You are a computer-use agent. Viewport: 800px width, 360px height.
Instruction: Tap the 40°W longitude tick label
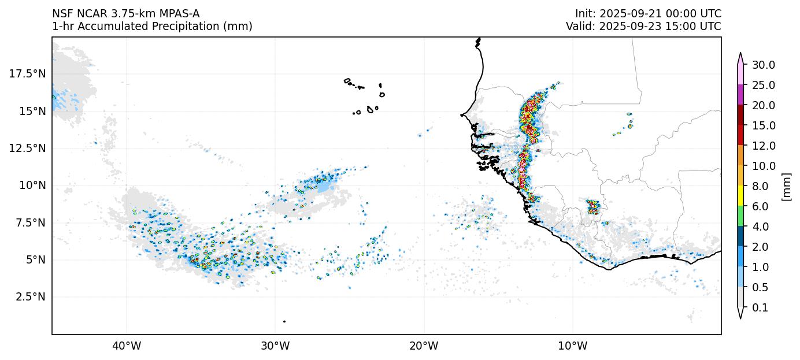pos(127,346)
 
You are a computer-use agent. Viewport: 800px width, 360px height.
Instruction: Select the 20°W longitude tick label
pos(424,346)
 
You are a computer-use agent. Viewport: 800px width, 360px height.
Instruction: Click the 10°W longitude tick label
pos(572,346)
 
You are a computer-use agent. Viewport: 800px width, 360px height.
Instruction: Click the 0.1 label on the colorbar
pos(760,308)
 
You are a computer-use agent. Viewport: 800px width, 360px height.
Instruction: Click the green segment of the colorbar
pos(739,216)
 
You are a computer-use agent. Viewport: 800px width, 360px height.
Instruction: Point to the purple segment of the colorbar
pos(739,95)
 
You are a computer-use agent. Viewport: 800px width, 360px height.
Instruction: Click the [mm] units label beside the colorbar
pos(786,186)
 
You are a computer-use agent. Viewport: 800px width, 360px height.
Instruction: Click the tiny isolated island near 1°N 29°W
pos(284,321)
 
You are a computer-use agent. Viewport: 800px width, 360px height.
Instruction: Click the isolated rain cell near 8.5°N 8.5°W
pos(593,206)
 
